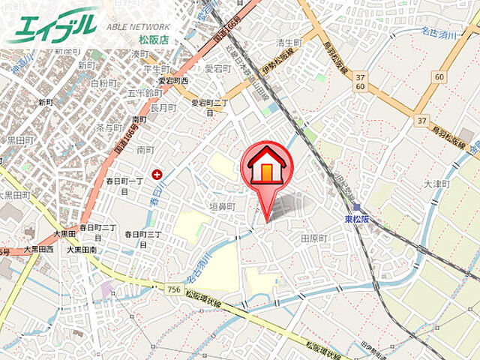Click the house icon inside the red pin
[x=266, y=166]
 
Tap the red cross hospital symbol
[x=157, y=174]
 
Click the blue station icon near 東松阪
[x=357, y=207]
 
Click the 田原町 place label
[x=313, y=238]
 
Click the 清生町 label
[x=287, y=43]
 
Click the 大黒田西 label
[x=37, y=249]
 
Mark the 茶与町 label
[x=109, y=127]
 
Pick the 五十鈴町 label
[x=144, y=93]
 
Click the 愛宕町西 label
[x=173, y=80]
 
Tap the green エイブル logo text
[x=52, y=26]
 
